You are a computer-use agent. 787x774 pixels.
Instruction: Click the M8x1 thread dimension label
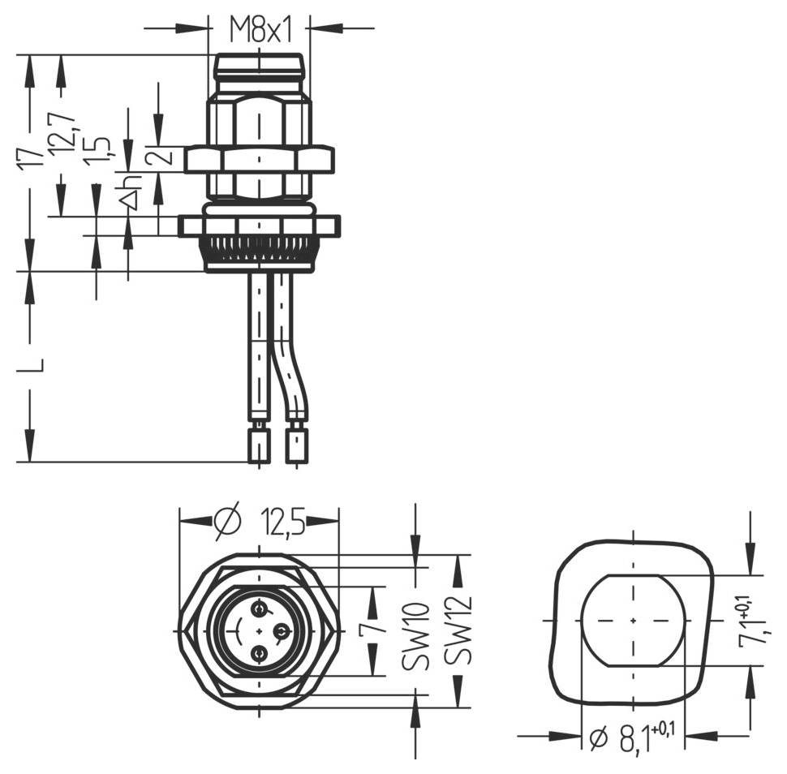tap(259, 30)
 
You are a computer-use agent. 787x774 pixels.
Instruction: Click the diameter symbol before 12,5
tap(228, 522)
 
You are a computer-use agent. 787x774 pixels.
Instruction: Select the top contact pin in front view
tap(259, 608)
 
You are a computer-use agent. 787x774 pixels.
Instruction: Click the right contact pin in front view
tap(280, 630)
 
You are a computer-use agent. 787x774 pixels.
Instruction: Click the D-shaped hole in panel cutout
tap(633, 620)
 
